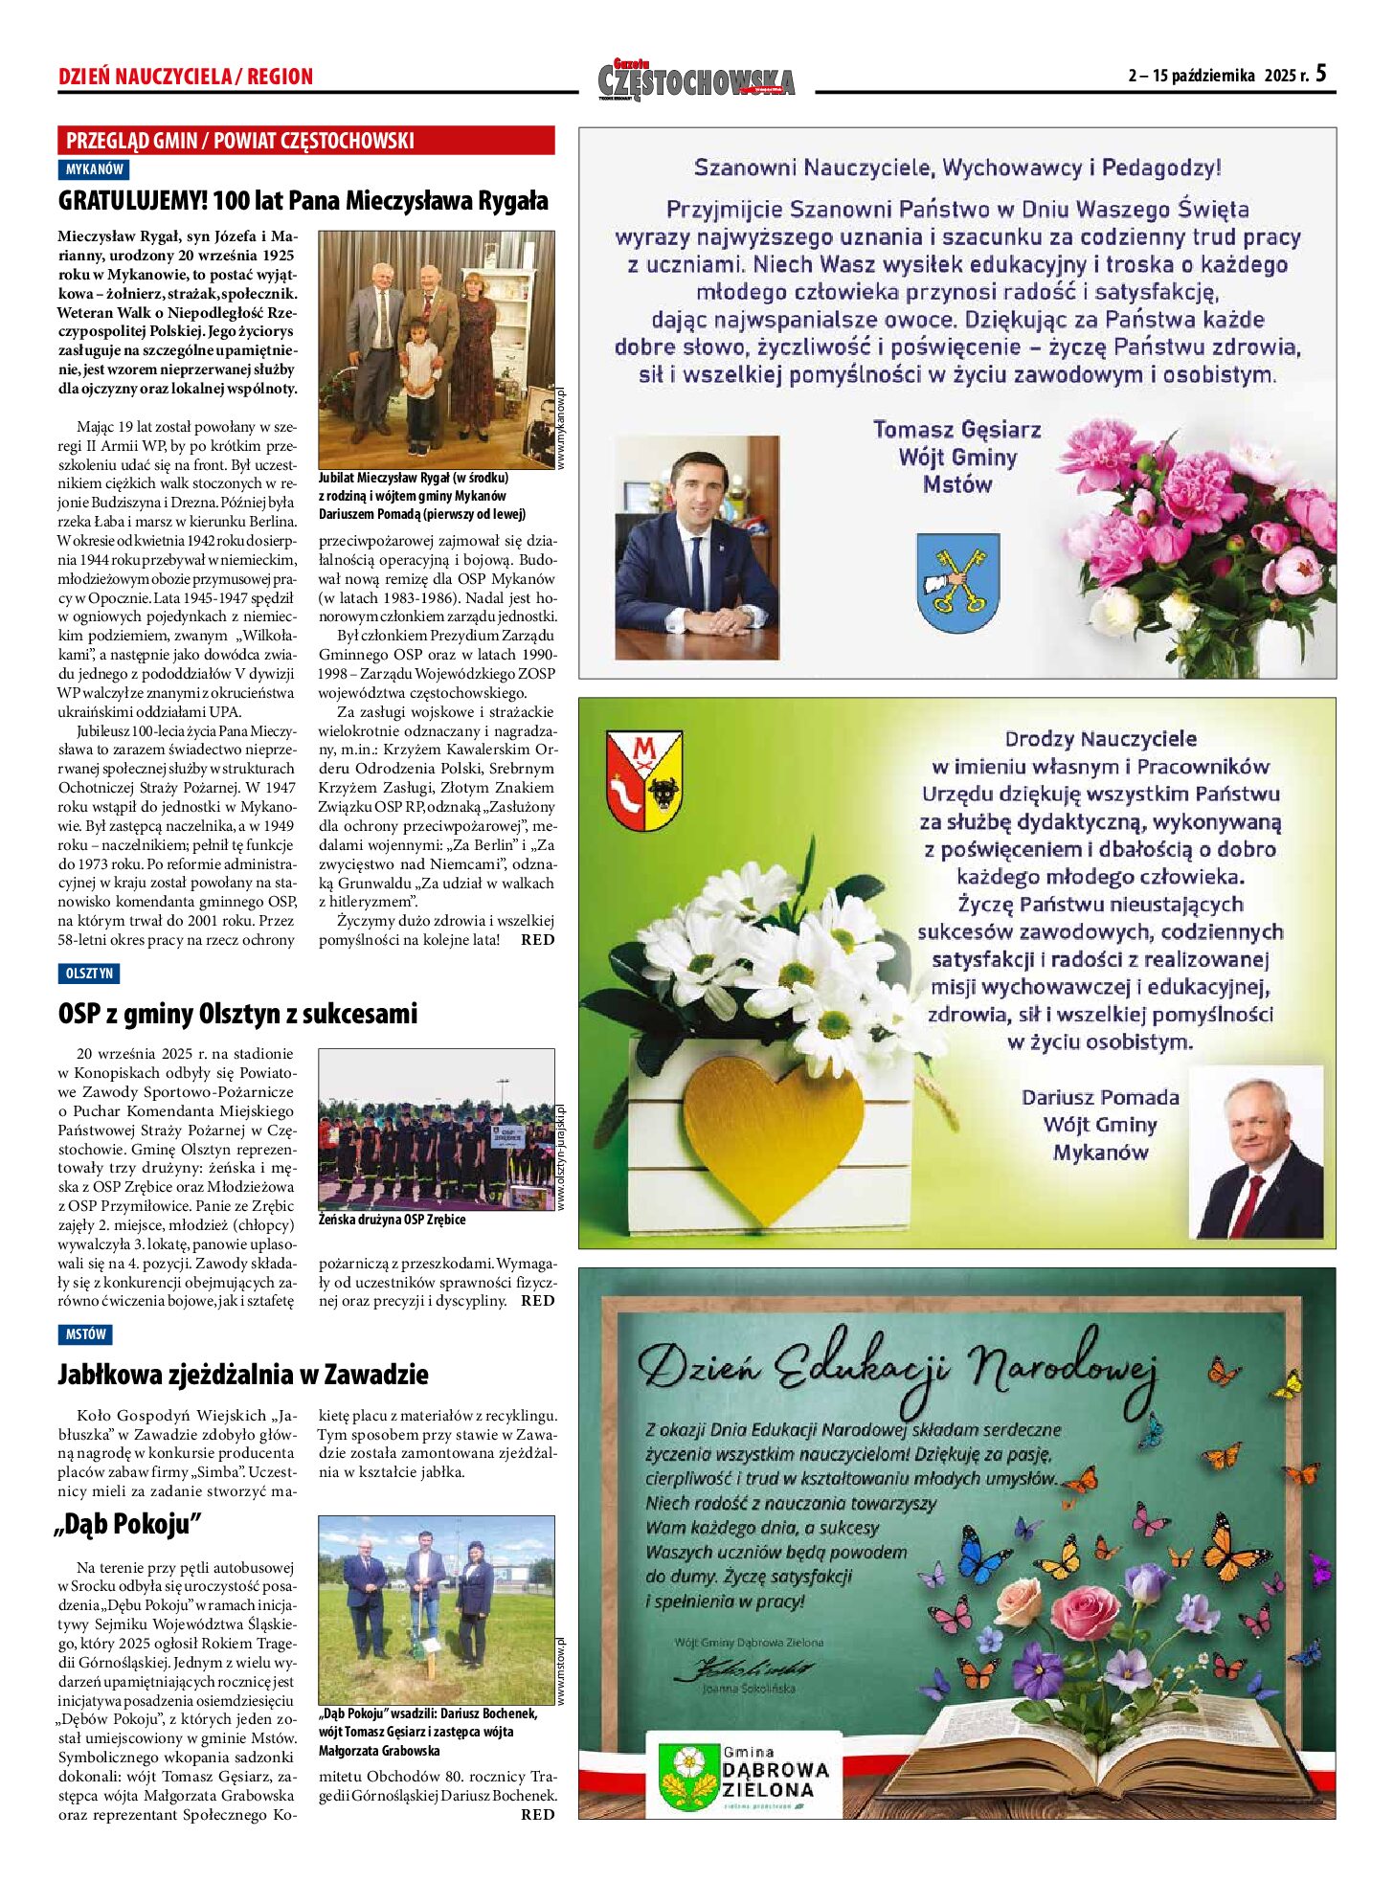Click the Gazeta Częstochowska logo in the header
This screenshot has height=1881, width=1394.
[x=696, y=80]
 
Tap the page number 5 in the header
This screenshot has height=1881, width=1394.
[x=1320, y=74]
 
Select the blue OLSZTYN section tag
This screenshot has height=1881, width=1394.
[x=89, y=974]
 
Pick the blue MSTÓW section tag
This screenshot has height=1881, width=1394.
[x=85, y=1334]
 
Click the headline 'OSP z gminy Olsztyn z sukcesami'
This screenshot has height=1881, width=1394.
[x=237, y=1014]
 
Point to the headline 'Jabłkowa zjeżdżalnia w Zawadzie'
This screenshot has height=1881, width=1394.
[x=243, y=1375]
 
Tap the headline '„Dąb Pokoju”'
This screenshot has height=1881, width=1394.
[x=129, y=1524]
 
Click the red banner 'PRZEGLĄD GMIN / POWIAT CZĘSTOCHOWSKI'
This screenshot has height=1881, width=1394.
[x=305, y=141]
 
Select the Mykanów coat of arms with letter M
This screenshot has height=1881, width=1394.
[x=644, y=780]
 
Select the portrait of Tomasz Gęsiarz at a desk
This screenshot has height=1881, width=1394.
[x=696, y=548]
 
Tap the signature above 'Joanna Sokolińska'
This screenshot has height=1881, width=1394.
[x=744, y=1669]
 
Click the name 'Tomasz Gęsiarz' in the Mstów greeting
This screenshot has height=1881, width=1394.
[x=956, y=430]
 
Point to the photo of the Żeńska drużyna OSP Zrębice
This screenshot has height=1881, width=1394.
[x=436, y=1129]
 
